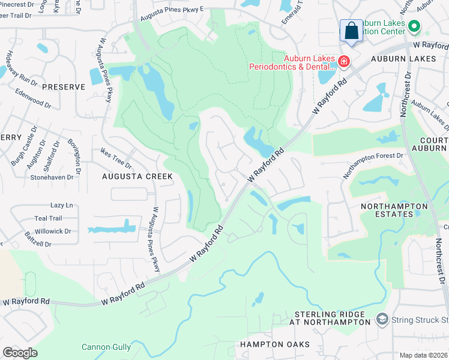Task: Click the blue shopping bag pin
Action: [x=351, y=31]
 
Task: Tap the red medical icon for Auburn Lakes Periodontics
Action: [x=343, y=61]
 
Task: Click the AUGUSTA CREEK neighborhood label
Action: [x=137, y=176]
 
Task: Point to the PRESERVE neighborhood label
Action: [x=64, y=87]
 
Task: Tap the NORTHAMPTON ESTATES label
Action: [x=394, y=210]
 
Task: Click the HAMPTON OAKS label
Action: [x=275, y=344]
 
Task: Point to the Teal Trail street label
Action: [x=48, y=218]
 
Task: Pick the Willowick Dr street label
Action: [x=52, y=231]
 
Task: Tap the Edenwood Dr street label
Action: [x=34, y=99]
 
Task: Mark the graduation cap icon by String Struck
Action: [x=381, y=317]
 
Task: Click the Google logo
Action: [x=20, y=353]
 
